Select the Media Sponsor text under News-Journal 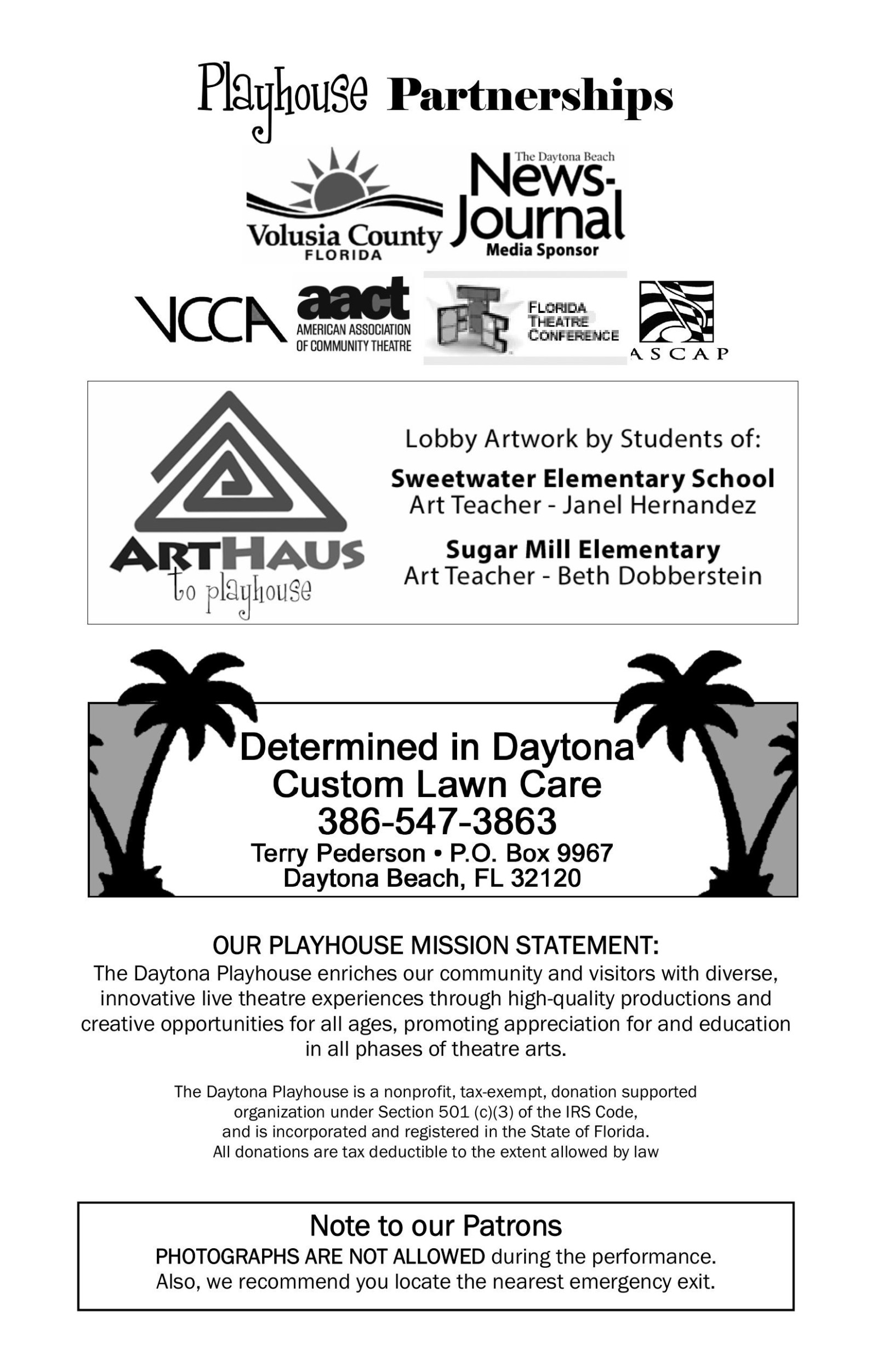pyautogui.click(x=542, y=250)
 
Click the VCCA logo pyautogui.click(x=210, y=320)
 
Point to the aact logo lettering pyautogui.click(x=353, y=298)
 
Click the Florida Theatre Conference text pyautogui.click(x=572, y=322)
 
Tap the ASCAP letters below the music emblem pyautogui.click(x=679, y=354)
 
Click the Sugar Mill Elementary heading pyautogui.click(x=583, y=550)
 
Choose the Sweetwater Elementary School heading pyautogui.click(x=583, y=479)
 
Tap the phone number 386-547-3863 pyautogui.click(x=437, y=821)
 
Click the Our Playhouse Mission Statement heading pyautogui.click(x=436, y=946)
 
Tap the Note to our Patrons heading pyautogui.click(x=436, y=1226)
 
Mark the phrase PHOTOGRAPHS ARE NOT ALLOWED pyautogui.click(x=320, y=1256)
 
